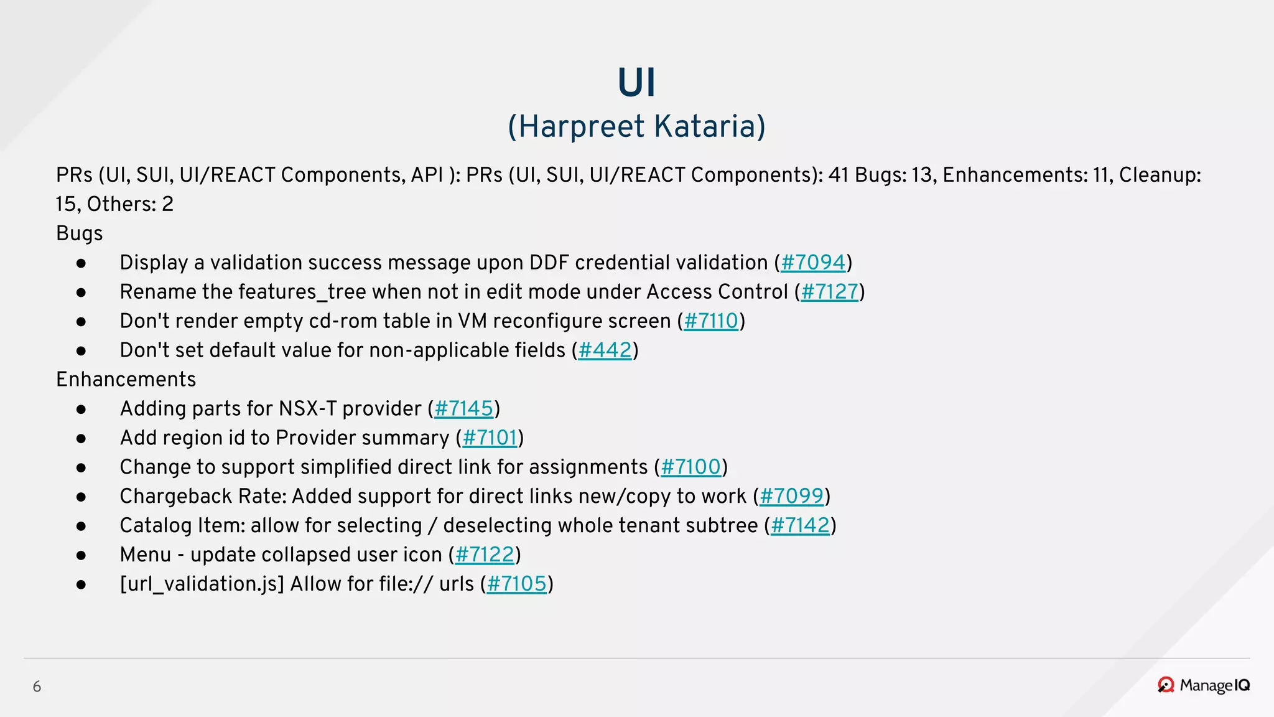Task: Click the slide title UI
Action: tap(636, 83)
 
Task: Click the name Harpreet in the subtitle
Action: tap(582, 126)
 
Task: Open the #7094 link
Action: tap(813, 263)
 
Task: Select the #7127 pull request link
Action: tap(829, 292)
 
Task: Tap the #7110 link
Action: tap(711, 321)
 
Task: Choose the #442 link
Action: tap(605, 350)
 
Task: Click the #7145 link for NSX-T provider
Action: tap(463, 409)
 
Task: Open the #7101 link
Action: tap(490, 438)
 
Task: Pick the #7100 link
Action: tap(690, 467)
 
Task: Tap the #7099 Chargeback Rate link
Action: tap(791, 497)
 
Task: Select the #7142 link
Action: tap(800, 526)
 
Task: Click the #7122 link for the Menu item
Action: tap(485, 555)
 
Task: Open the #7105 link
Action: tap(516, 584)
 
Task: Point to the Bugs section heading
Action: tap(79, 233)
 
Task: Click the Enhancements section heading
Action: tap(126, 380)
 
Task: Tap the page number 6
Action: tap(37, 687)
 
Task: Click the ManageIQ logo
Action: tap(1204, 685)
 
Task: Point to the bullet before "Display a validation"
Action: tap(81, 263)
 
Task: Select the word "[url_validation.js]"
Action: tap(202, 584)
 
